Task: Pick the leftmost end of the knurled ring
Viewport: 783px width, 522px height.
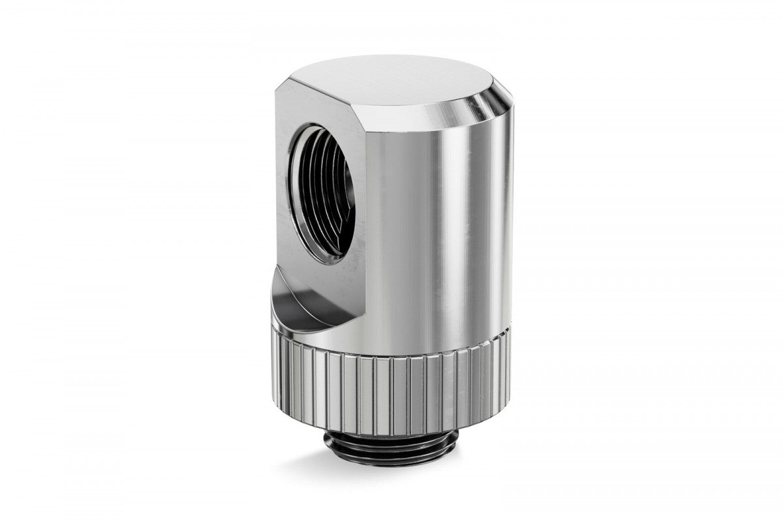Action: [x=268, y=365]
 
